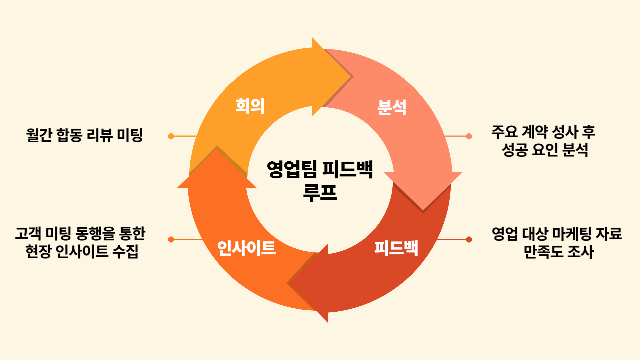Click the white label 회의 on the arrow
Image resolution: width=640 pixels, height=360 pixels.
[250, 106]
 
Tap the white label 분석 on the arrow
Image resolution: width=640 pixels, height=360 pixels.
[392, 107]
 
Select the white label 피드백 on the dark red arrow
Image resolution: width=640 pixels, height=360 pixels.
[396, 248]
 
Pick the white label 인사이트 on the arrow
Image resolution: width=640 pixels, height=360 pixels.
[246, 248]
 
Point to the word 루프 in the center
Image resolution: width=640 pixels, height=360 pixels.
[320, 192]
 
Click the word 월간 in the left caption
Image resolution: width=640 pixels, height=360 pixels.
[39, 135]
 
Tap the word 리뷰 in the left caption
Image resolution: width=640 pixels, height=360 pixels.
[99, 135]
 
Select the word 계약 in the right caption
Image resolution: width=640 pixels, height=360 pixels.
[535, 132]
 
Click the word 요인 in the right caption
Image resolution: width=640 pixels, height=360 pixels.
[545, 150]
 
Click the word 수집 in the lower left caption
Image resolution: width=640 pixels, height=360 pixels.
[125, 251]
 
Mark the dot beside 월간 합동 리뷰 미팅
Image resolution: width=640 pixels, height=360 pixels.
[171, 136]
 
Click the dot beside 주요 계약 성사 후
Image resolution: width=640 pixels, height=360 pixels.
[469, 136]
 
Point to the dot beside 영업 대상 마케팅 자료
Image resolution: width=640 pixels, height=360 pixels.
[469, 239]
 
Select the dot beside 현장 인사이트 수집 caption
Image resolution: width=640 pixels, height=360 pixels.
[171, 239]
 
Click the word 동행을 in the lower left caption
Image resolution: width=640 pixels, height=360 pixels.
[95, 233]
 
